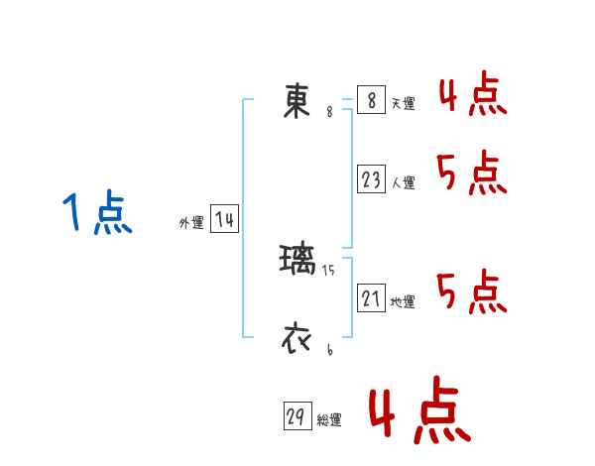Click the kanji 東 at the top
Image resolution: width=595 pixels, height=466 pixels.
(x=297, y=101)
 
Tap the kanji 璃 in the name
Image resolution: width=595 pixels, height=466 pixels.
(x=297, y=261)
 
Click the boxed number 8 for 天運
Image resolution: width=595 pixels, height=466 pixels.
(x=371, y=100)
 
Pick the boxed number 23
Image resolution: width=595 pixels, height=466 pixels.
(x=371, y=179)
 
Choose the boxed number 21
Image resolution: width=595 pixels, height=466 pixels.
(x=371, y=298)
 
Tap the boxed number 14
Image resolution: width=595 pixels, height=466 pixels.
(x=224, y=220)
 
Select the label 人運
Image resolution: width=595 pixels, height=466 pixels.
(x=403, y=183)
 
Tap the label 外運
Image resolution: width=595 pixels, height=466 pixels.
(x=191, y=224)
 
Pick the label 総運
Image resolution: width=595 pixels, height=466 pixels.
(x=329, y=420)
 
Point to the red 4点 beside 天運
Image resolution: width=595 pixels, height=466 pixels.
(x=473, y=96)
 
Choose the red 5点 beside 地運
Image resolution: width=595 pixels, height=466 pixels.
(x=472, y=291)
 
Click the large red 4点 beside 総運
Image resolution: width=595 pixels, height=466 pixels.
(x=418, y=414)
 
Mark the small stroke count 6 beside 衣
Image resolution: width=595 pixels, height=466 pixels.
(x=329, y=350)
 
